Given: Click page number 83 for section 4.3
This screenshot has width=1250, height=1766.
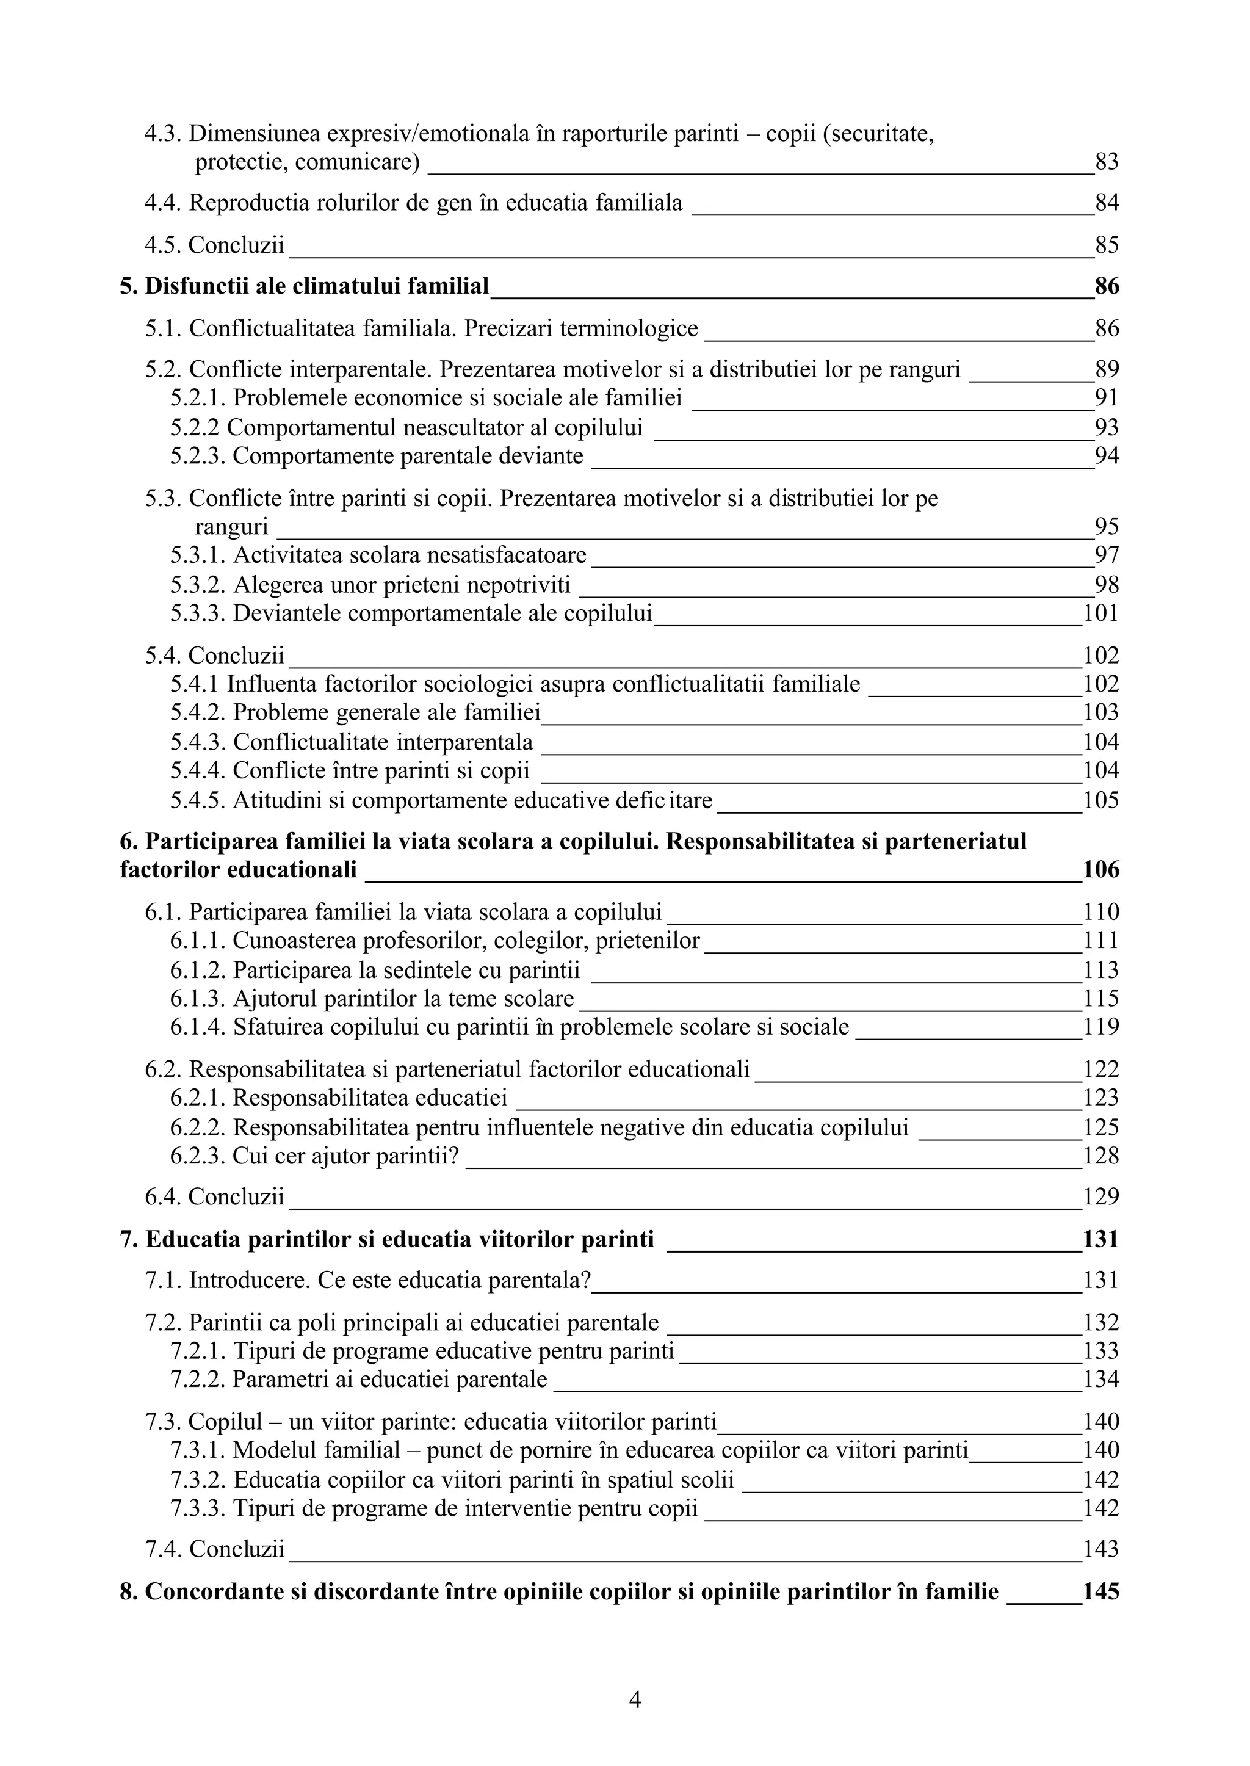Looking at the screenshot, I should pos(1106,162).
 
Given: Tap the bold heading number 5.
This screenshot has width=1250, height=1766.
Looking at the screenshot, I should pos(129,286).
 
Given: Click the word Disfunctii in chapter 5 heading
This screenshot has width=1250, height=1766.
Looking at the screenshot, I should pos(192,286).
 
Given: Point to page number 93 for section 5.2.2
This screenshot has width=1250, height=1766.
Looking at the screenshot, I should pos(1106,427).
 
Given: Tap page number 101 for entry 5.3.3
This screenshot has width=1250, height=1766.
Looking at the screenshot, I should pos(1100,613).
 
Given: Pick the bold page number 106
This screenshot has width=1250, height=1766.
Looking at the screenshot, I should pos(1100,870).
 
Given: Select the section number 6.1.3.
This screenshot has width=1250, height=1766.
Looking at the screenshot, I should pos(198,999).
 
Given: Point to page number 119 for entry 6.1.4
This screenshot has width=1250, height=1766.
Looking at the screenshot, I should pos(1100,1027).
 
